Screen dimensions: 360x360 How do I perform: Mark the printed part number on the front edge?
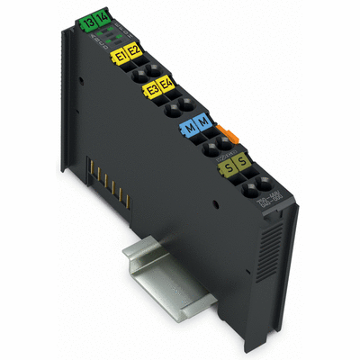pos(269,206)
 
